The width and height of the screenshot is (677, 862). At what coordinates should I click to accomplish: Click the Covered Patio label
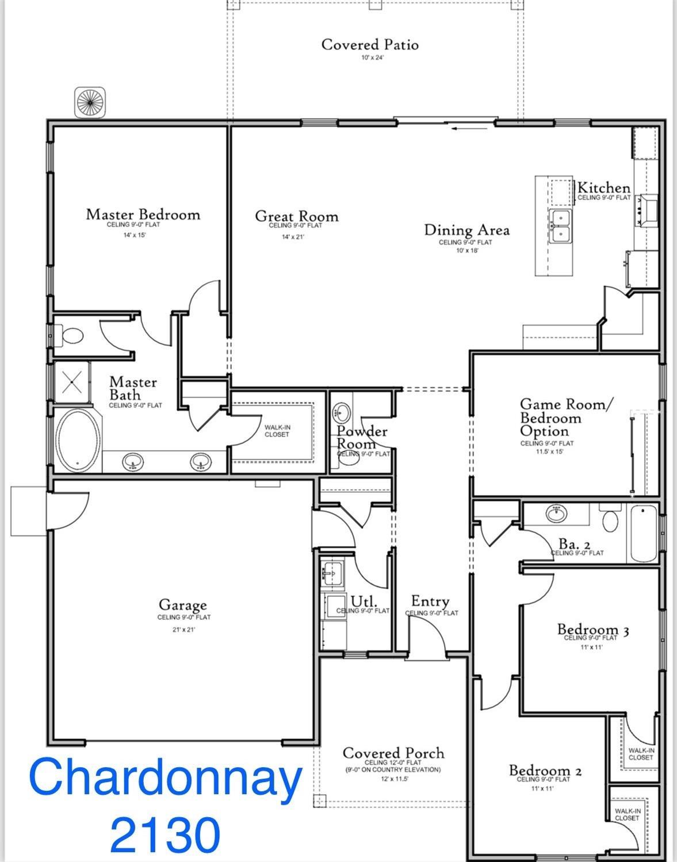(x=369, y=44)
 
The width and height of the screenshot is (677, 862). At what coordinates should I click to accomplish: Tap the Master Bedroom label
(x=143, y=214)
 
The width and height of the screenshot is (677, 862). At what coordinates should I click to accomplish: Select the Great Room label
(x=296, y=216)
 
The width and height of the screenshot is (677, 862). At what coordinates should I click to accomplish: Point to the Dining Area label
(x=466, y=230)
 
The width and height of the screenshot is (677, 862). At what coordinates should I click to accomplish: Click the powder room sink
(x=343, y=412)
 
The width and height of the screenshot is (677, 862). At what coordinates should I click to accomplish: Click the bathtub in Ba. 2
(x=643, y=533)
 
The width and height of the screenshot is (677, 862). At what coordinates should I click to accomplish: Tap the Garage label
(x=182, y=605)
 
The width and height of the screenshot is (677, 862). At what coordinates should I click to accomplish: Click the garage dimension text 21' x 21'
(x=183, y=630)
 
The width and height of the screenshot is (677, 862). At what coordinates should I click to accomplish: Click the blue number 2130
(x=165, y=834)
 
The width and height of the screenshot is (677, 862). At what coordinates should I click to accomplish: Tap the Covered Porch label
(x=393, y=753)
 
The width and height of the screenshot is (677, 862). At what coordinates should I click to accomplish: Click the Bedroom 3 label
(x=592, y=630)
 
